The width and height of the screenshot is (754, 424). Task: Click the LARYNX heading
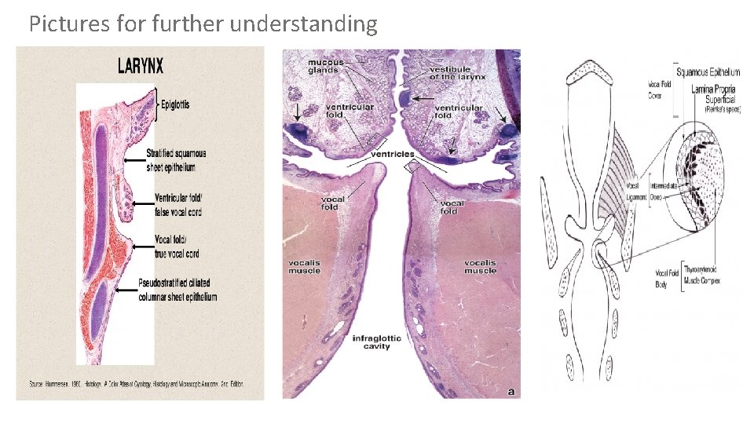pos(140,66)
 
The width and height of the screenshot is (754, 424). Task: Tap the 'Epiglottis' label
pos(179,104)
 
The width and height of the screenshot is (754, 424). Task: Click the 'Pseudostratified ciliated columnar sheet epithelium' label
pos(177,290)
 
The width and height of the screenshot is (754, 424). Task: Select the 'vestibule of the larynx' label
pos(456,73)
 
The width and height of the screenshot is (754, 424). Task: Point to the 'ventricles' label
pos(393,154)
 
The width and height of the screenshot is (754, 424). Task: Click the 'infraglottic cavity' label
pos(376,342)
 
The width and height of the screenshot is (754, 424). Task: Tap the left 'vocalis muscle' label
pos(304,266)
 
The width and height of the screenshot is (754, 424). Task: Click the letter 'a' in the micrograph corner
pos(511,390)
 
